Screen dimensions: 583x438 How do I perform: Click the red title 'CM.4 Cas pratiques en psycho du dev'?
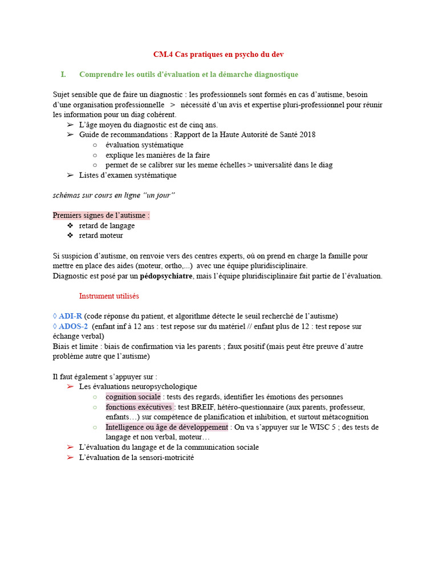tap(218, 55)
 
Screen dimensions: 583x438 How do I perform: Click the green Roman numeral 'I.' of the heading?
tap(63, 75)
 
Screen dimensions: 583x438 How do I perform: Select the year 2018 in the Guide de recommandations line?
tap(307, 135)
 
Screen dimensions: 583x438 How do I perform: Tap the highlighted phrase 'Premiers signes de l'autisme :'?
tap(101, 215)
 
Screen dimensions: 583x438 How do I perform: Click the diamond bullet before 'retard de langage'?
tap(70, 225)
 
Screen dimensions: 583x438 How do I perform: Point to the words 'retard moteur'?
tap(101, 236)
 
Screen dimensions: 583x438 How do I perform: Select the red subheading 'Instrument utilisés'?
tap(109, 296)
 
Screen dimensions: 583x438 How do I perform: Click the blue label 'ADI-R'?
tap(71, 317)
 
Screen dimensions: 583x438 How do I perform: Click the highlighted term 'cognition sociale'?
tap(133, 397)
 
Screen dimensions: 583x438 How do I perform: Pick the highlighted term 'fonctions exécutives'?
tap(139, 407)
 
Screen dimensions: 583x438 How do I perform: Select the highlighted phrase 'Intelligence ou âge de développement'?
tap(167, 427)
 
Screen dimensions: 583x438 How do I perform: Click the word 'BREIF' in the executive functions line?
tap(203, 407)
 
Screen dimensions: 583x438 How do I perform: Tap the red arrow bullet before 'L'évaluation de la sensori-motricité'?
tap(70, 457)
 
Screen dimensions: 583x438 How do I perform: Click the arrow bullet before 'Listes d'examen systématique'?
tap(70, 175)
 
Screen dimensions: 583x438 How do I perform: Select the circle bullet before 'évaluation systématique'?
tap(95, 145)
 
